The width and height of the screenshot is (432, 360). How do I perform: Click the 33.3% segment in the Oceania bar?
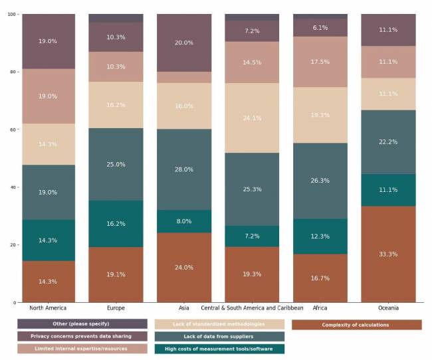coord(387,254)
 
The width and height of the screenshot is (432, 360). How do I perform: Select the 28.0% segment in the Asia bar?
coord(184,169)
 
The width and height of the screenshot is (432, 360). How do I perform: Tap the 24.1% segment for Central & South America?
coord(252,118)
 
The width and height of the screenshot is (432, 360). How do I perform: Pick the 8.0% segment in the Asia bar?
coord(184,221)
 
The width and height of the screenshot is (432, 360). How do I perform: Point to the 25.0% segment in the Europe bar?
coord(116,164)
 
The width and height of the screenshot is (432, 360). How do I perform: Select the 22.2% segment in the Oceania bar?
coord(387,142)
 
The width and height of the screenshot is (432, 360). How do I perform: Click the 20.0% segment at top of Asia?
coord(184,43)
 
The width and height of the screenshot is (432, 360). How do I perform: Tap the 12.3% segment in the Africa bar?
coord(320,236)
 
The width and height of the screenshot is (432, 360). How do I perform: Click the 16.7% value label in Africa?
coord(320,278)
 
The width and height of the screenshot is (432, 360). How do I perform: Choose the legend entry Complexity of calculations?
coord(356,325)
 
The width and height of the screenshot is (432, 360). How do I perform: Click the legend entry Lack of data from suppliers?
coord(219,337)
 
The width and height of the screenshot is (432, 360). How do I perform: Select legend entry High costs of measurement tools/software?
coord(219,349)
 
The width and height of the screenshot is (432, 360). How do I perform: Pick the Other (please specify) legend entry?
coord(82,324)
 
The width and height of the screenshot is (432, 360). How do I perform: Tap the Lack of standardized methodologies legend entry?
coord(219,324)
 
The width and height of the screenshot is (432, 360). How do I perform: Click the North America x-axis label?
coord(48,308)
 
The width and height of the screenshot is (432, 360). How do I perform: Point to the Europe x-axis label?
coord(116,308)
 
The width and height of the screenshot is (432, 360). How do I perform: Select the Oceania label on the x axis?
coord(387,308)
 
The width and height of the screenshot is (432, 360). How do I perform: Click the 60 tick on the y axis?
coord(12,130)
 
